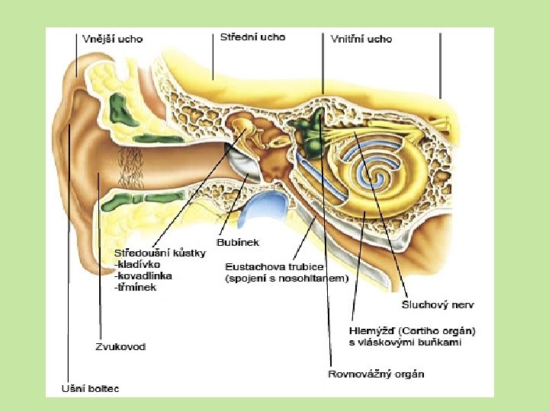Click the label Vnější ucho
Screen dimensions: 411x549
tap(112, 39)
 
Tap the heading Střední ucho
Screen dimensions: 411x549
tap(252, 37)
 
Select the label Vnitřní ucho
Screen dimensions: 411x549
tap(361, 39)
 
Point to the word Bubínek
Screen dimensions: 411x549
tap(239, 242)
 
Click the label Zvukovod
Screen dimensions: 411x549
tap(120, 346)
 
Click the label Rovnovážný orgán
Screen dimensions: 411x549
tap(376, 374)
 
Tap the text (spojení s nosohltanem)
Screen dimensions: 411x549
tap(287, 279)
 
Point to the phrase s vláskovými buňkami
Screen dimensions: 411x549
tap(405, 342)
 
